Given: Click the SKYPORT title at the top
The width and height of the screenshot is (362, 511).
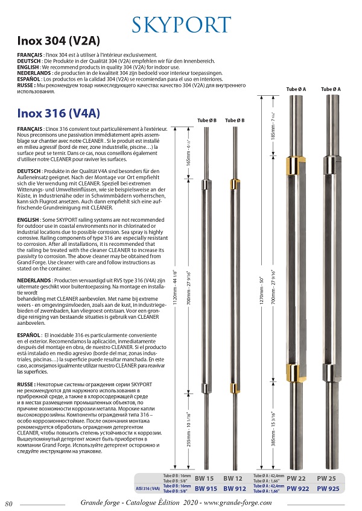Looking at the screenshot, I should pyautogui.click(x=181, y=25).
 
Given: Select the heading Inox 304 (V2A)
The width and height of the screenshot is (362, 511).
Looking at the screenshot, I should pyautogui.click(x=57, y=42).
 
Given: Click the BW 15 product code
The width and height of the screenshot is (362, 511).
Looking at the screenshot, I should pyautogui.click(x=205, y=478).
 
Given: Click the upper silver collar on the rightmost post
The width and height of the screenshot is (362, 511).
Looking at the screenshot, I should pyautogui.click(x=331, y=161).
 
